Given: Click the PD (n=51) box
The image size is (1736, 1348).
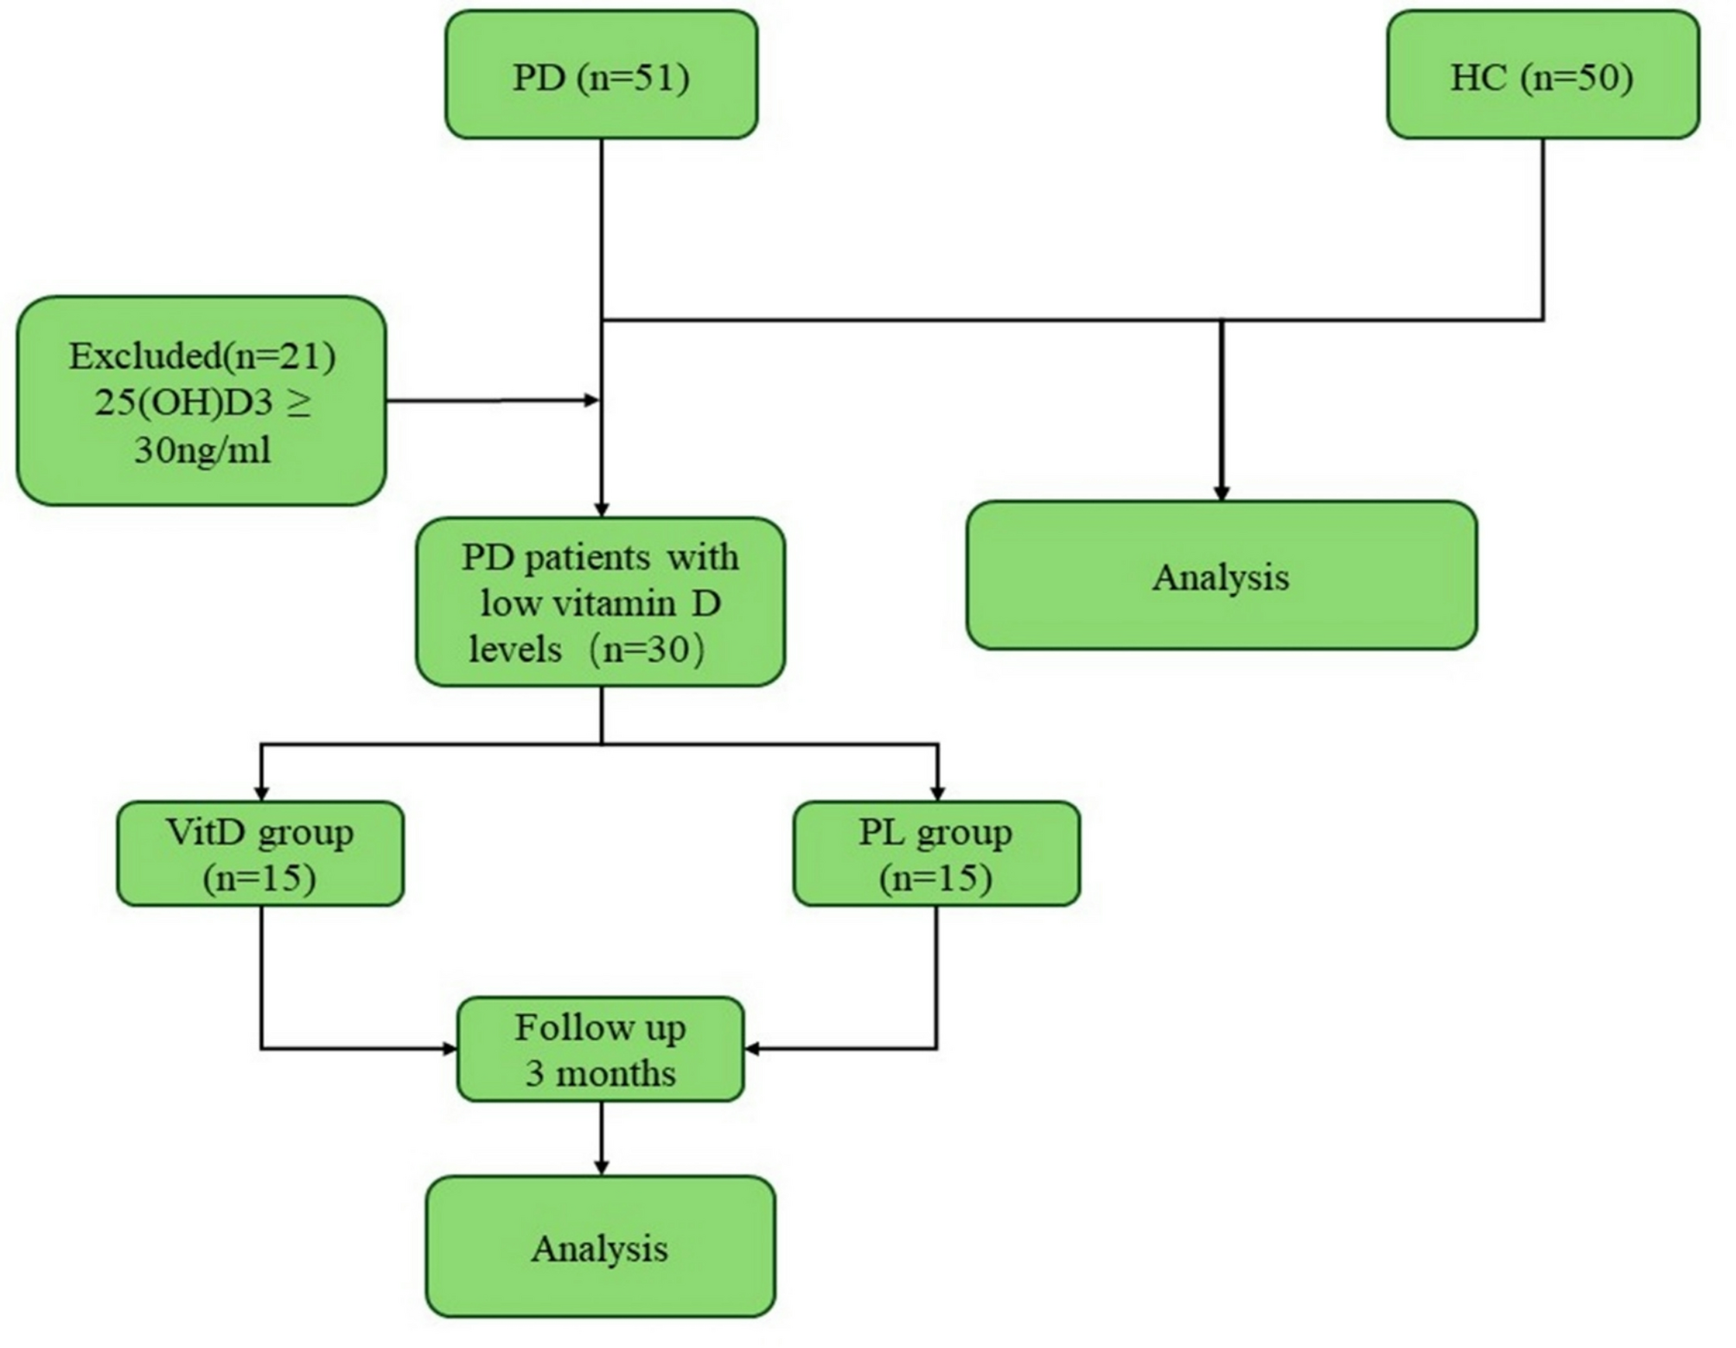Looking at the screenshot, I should pyautogui.click(x=601, y=75).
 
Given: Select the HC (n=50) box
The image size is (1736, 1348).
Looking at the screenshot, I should pyautogui.click(x=1542, y=75).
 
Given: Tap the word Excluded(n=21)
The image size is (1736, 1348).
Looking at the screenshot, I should pyautogui.click(x=202, y=356).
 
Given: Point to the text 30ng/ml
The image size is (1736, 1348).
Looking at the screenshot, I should pyautogui.click(x=202, y=450).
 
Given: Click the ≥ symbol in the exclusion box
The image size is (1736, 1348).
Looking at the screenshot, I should pyautogui.click(x=299, y=403).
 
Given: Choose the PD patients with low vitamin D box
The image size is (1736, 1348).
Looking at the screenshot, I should pyautogui.click(x=600, y=602).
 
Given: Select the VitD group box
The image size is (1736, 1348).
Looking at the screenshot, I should pyautogui.click(x=260, y=853).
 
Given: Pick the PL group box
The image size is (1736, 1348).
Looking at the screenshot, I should pyautogui.click(x=936, y=853).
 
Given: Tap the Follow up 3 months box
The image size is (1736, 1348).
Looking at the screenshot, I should pyautogui.click(x=600, y=1049).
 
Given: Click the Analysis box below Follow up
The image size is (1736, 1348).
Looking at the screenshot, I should pyautogui.click(x=600, y=1247).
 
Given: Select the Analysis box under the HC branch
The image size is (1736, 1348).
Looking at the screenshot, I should pyautogui.click(x=1221, y=576).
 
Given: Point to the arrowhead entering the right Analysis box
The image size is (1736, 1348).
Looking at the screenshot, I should pyautogui.click(x=1221, y=493).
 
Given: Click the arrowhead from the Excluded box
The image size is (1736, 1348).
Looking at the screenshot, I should pyautogui.click(x=592, y=399).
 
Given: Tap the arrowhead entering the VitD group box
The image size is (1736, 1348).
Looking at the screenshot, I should pyautogui.click(x=261, y=793).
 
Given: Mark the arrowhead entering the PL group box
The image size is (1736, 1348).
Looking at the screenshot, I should pyautogui.click(x=937, y=793).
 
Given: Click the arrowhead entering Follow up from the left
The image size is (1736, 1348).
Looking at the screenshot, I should pyautogui.click(x=450, y=1049).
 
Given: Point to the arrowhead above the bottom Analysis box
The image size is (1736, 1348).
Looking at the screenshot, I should pyautogui.click(x=601, y=1167).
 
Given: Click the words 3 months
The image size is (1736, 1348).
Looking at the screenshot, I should pyautogui.click(x=600, y=1074).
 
